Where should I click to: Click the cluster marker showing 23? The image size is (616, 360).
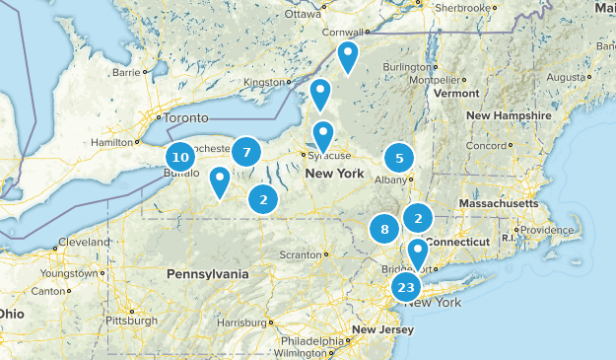[x=406, y=287]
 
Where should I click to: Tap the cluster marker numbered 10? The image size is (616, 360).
[x=179, y=157]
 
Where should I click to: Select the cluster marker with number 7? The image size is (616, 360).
[x=246, y=152]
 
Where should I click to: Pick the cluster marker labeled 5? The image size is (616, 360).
[x=399, y=157]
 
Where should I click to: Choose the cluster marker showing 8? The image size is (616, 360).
[x=384, y=230]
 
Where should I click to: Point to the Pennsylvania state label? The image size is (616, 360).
[x=209, y=272]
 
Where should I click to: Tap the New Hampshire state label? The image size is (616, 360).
[x=509, y=116]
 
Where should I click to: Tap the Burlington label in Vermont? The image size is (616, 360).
[x=406, y=66]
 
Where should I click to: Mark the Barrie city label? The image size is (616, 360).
[x=127, y=72]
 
